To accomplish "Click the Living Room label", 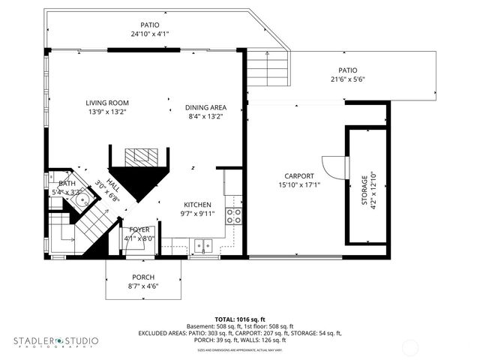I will tap(106, 103).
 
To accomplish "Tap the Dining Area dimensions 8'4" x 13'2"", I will tap(205, 116).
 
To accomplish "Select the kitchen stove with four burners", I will tap(235, 216).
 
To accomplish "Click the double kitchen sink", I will tap(202, 244).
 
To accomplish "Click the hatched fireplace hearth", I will tap(142, 156).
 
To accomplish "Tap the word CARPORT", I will tap(299, 176).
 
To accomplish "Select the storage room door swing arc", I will tap(332, 167).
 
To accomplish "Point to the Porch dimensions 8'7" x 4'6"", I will tap(142, 286).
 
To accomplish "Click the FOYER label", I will tap(139, 229).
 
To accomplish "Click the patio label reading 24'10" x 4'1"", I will tap(150, 34).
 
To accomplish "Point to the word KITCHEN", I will tap(198, 204).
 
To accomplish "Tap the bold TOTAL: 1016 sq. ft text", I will tap(240, 319).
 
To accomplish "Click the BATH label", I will tap(67, 183).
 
